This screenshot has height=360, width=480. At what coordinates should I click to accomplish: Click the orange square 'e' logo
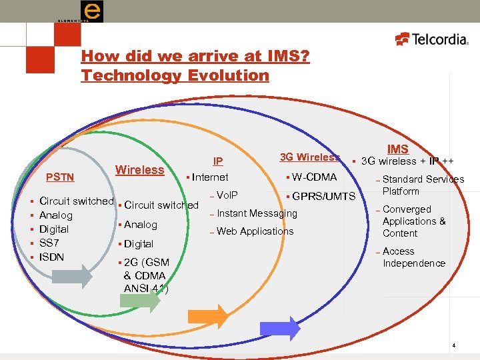click(x=91, y=11)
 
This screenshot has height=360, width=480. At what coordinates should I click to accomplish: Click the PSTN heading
click(x=59, y=177)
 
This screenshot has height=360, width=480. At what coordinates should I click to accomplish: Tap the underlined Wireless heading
click(x=140, y=169)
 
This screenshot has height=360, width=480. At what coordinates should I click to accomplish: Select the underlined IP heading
click(x=217, y=161)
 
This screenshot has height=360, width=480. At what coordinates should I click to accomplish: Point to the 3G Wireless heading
click(x=309, y=157)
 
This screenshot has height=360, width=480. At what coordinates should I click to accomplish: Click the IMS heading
click(x=398, y=149)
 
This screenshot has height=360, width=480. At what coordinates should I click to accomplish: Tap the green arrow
click(x=141, y=300)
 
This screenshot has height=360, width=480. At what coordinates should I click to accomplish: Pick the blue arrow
click(x=280, y=327)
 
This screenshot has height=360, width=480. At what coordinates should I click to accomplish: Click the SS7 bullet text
click(x=50, y=243)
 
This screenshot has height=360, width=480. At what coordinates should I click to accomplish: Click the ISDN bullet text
click(x=52, y=257)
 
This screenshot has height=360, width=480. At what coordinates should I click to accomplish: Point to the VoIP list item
click(x=227, y=195)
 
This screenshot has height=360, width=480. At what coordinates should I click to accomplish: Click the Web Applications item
click(x=255, y=231)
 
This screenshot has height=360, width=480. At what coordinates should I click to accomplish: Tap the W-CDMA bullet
click(x=314, y=177)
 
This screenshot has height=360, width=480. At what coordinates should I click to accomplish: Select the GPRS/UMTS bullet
click(x=323, y=197)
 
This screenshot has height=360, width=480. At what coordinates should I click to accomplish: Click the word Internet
click(x=210, y=177)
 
